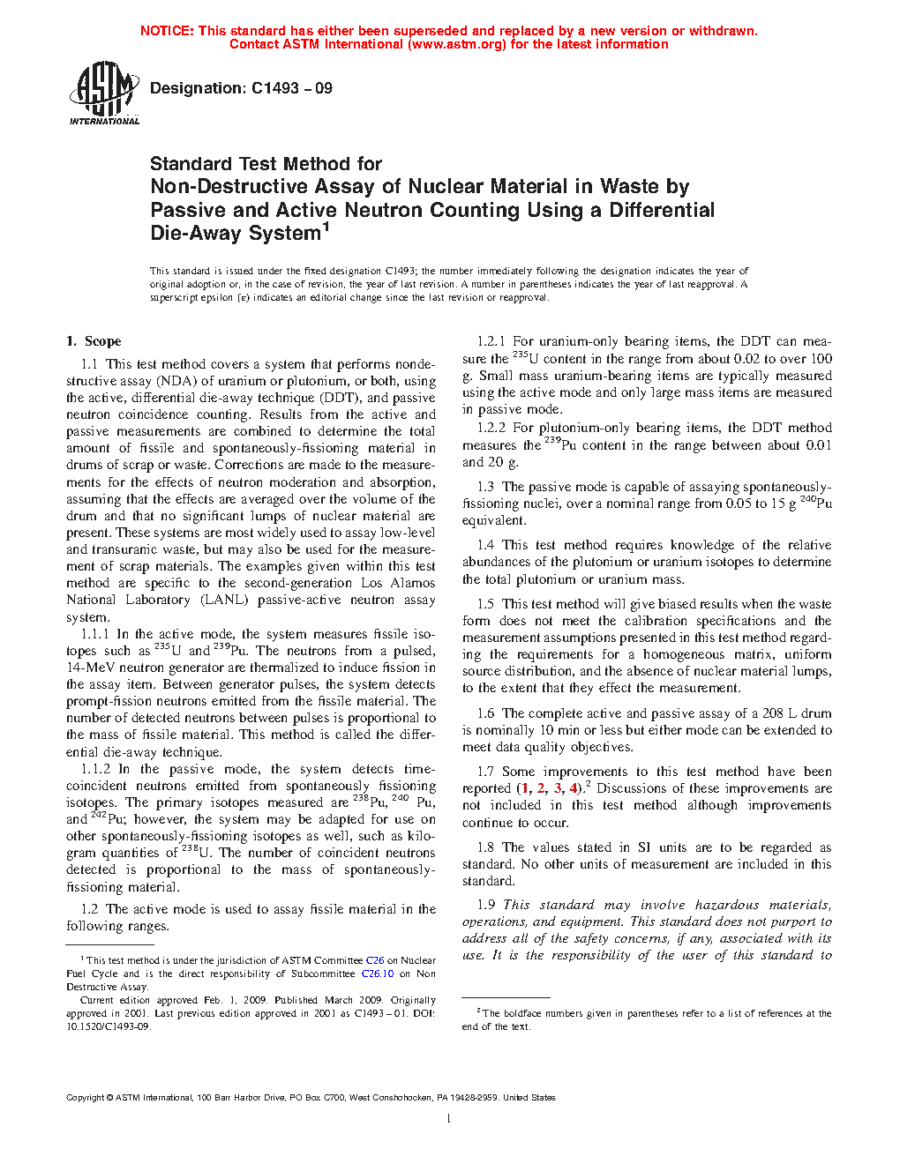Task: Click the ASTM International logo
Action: click(103, 93)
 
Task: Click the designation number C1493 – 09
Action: click(291, 88)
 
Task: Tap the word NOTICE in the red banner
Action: click(167, 31)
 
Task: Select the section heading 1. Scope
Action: click(94, 341)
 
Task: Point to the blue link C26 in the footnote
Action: click(375, 960)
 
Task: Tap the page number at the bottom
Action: click(449, 1119)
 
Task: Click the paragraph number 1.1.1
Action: click(95, 634)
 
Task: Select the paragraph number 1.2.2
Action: click(491, 428)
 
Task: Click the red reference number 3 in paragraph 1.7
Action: click(558, 788)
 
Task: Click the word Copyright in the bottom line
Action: click(86, 1098)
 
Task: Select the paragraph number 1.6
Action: click(486, 713)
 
